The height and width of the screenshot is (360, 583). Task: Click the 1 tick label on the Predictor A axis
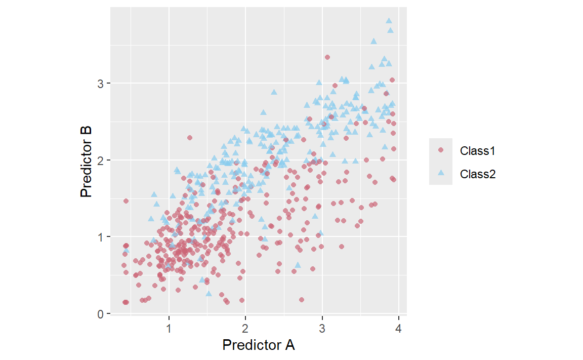coord(169,329)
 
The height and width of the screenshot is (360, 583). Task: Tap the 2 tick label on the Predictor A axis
coord(245,329)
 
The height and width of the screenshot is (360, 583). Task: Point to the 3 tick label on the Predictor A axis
coord(322,329)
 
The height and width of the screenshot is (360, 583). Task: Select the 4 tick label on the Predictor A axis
coord(398,329)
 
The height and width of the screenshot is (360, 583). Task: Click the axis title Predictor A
coord(258,345)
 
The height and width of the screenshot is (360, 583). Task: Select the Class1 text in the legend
coord(477,150)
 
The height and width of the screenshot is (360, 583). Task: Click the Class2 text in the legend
coord(477,174)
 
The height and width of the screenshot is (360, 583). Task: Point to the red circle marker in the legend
coord(441,150)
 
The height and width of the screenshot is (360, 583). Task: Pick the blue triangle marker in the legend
coord(441,173)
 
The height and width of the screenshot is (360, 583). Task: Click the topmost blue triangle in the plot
coord(389,21)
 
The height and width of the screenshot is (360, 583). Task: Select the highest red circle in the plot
coord(327,57)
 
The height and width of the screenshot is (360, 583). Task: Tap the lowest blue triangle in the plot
coord(209,293)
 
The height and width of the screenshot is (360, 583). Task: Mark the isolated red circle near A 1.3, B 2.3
coord(190,138)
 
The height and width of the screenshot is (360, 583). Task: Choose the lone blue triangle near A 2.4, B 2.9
coord(274,92)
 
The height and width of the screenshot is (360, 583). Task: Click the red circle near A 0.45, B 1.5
coord(126,201)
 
